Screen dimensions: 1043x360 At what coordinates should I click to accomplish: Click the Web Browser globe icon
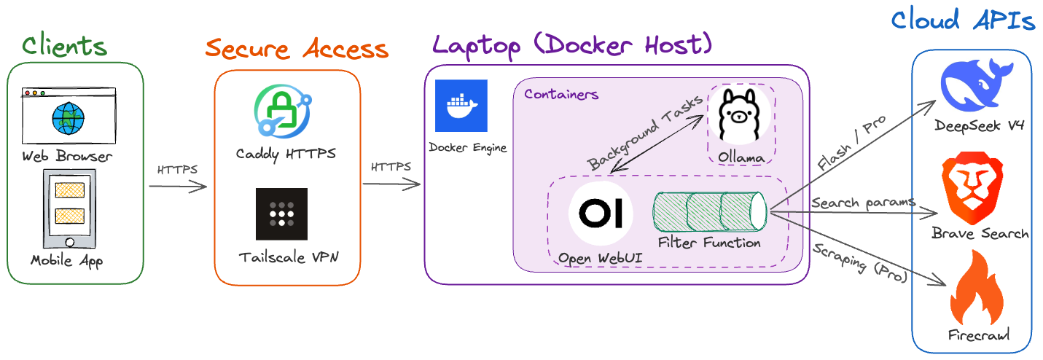pos(68,118)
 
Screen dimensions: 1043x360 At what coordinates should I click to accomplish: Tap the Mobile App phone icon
pos(69,208)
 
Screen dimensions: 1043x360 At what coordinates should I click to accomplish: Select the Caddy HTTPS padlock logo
pos(283,111)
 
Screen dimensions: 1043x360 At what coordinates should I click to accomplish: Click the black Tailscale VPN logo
pos(281,214)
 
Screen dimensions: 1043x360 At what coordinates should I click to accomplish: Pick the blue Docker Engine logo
pos(461,106)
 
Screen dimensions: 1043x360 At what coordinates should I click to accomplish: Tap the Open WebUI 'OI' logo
pos(601,214)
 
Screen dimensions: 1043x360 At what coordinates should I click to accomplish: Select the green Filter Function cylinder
pos(710,212)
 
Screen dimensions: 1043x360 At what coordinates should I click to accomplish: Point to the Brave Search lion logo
pos(972,188)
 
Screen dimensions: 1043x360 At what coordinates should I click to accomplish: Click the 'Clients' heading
pos(65,46)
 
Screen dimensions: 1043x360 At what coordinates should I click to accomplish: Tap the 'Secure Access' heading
pos(297,49)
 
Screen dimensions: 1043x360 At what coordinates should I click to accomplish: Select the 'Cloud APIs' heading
pos(963,20)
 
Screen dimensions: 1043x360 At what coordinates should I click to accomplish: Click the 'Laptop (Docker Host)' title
pos(572,46)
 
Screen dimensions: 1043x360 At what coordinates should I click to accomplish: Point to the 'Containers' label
pos(561,94)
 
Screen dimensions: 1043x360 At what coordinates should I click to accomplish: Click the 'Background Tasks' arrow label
pos(645,133)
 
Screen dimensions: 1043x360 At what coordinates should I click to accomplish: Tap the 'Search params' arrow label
pos(863,203)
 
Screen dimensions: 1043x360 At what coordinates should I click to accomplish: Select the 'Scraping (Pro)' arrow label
pos(860,262)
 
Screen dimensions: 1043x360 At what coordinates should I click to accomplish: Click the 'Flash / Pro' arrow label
pos(851,143)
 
